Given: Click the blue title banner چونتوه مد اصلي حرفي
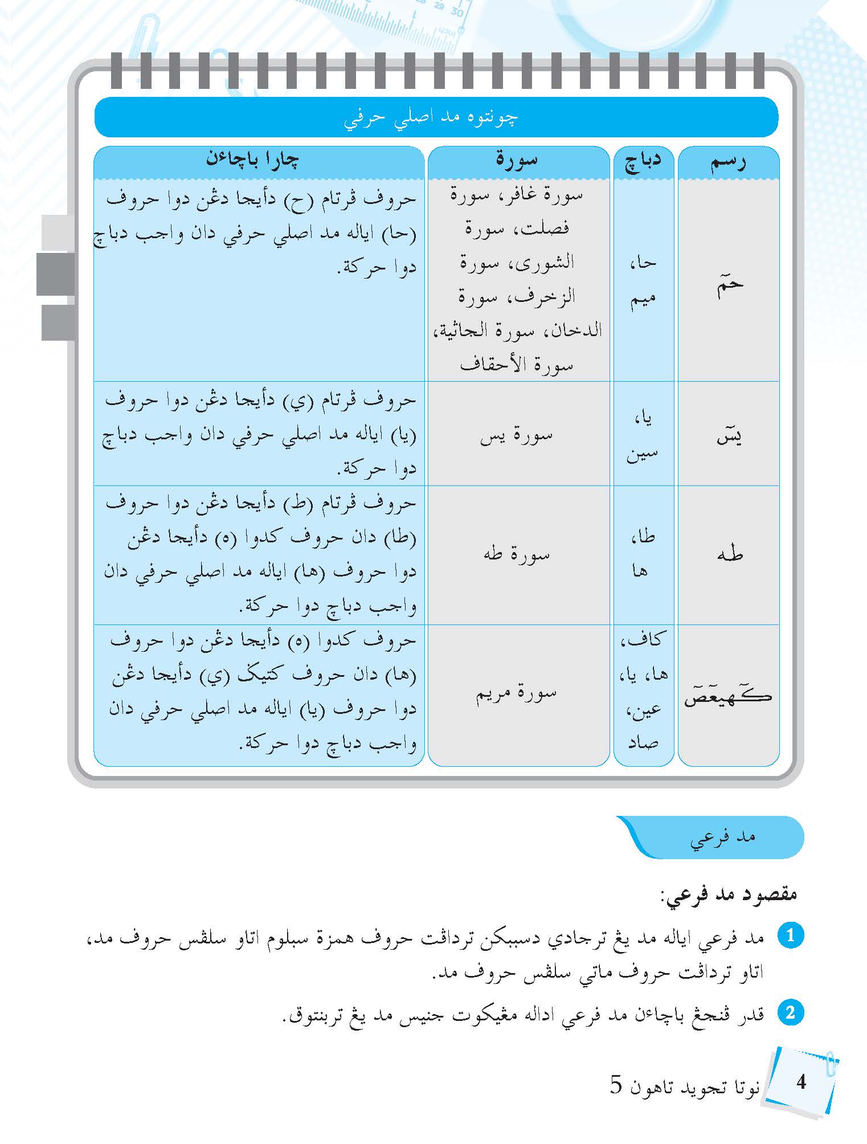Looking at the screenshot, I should (436, 117).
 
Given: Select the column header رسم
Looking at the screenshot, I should (728, 162).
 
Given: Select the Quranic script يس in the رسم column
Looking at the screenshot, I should (729, 436).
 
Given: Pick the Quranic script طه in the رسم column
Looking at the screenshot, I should (730, 554).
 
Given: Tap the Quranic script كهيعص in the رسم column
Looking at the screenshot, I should (728, 696).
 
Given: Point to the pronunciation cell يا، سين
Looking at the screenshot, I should (643, 436).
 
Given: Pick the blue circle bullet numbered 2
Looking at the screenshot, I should (790, 1014).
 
